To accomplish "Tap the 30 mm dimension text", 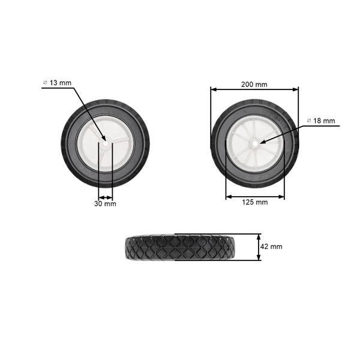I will (106, 204).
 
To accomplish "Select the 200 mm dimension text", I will (254, 84).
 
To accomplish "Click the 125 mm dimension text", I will (255, 202).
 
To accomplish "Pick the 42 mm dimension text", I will (272, 247).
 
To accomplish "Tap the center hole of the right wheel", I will (254, 143).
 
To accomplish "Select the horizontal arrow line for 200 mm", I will (254, 90).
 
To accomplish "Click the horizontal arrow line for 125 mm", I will (255, 196).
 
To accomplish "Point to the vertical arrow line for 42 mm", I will (259, 247).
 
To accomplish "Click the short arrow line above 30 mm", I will (106, 197).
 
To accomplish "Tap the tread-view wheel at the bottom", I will (180, 247).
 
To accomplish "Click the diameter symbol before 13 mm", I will (45, 82).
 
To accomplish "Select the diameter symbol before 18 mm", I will (309, 121).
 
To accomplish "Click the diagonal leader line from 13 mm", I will (87, 111).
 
